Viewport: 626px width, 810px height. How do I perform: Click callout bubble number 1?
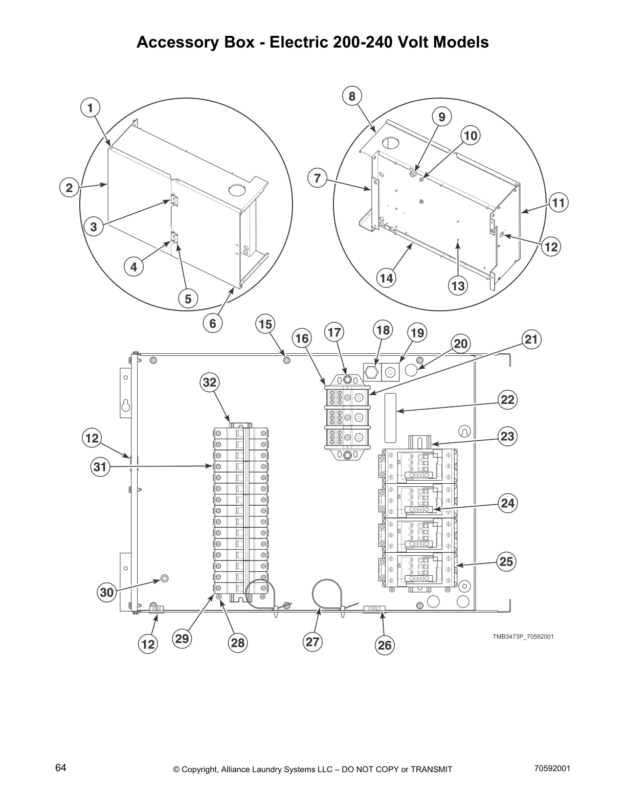tap(90, 108)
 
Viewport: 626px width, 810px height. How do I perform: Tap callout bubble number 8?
tap(352, 96)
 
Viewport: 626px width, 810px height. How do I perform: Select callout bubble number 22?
tap(507, 399)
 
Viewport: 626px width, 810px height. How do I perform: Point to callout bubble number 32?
tap(209, 382)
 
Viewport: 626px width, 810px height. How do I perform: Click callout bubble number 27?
tap(312, 642)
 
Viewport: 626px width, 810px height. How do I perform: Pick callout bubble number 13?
tap(458, 285)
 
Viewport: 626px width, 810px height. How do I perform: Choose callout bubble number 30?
tap(106, 592)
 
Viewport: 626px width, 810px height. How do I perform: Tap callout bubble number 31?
tap(101, 467)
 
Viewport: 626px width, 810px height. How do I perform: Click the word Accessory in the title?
tap(173, 42)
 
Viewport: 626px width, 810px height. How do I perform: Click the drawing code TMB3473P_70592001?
tap(523, 637)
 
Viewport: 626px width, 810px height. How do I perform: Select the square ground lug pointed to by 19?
tap(390, 373)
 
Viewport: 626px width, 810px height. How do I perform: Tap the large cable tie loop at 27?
tap(322, 595)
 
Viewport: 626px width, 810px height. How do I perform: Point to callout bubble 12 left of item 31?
tap(92, 438)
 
